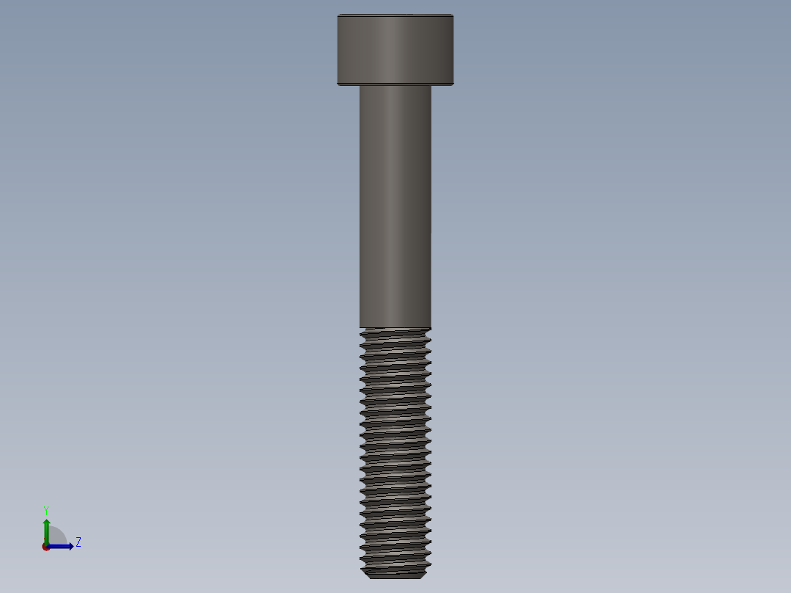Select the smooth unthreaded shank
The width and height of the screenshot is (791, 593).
pyautogui.click(x=395, y=205)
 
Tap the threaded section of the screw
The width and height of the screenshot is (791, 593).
pyautogui.click(x=395, y=448)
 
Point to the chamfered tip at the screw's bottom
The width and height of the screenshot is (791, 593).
pyautogui.click(x=395, y=575)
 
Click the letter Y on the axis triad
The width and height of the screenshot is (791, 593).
pyautogui.click(x=45, y=509)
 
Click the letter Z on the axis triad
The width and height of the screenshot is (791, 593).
pyautogui.click(x=78, y=542)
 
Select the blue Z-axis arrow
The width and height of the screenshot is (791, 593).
pyautogui.click(x=62, y=546)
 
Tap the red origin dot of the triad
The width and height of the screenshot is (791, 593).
pyautogui.click(x=45, y=547)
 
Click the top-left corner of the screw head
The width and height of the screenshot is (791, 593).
pyautogui.click(x=338, y=15)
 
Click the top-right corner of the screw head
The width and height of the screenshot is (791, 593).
pyautogui.click(x=452, y=15)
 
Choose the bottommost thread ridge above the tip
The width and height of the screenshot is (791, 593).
pyautogui.click(x=395, y=565)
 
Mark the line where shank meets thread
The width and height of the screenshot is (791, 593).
pyautogui.click(x=395, y=327)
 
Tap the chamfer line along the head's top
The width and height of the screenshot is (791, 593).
pyautogui.click(x=395, y=16)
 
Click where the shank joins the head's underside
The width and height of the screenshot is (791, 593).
pyautogui.click(x=395, y=86)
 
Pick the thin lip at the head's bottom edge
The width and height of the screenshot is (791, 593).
pyautogui.click(x=395, y=84)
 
